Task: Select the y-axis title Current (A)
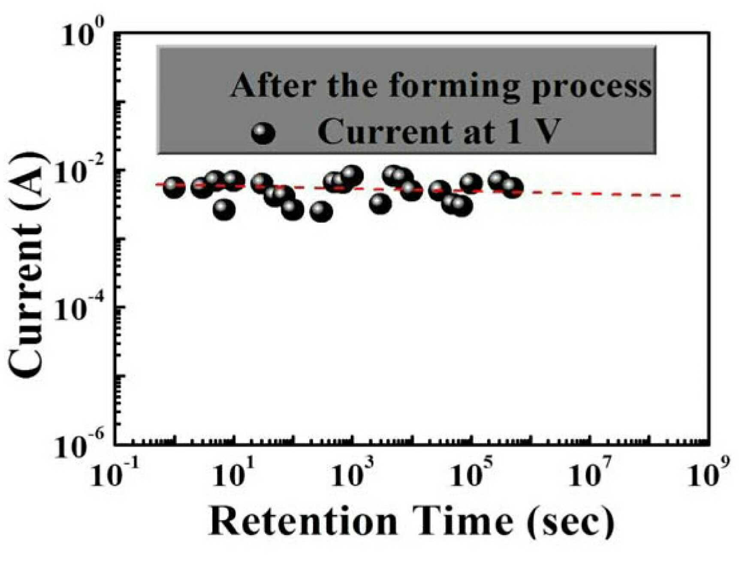coord(27,266)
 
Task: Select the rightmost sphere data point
coord(512,187)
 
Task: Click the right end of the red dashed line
coord(681,196)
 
